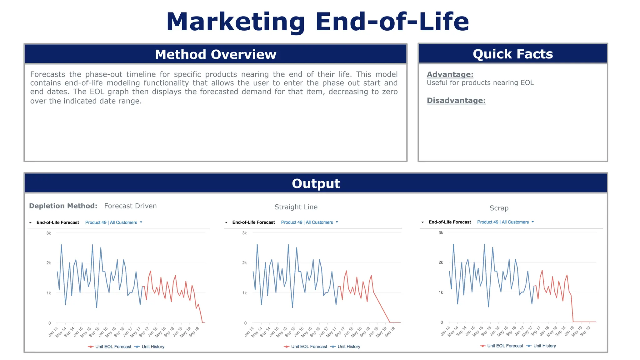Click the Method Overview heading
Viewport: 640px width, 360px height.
215,54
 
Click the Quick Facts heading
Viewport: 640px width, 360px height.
512,54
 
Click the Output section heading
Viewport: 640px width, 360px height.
316,183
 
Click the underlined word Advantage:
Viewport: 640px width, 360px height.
450,74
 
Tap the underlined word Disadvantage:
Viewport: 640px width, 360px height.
456,100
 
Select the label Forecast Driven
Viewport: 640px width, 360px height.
130,206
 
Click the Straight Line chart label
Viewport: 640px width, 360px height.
296,207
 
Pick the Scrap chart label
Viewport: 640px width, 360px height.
499,208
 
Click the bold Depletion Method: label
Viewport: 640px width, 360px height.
63,206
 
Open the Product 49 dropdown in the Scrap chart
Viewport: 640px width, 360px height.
505,222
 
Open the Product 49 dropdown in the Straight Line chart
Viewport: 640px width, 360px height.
309,222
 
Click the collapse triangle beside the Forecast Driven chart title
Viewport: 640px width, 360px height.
30,223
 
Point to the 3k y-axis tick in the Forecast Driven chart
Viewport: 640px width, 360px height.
48,233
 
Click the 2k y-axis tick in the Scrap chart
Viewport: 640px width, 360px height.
441,262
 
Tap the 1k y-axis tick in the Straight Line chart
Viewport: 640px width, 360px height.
244,293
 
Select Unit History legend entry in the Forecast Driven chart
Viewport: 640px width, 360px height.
149,347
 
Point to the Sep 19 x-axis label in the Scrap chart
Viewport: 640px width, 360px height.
585,331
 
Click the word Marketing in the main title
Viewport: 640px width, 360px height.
235,22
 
